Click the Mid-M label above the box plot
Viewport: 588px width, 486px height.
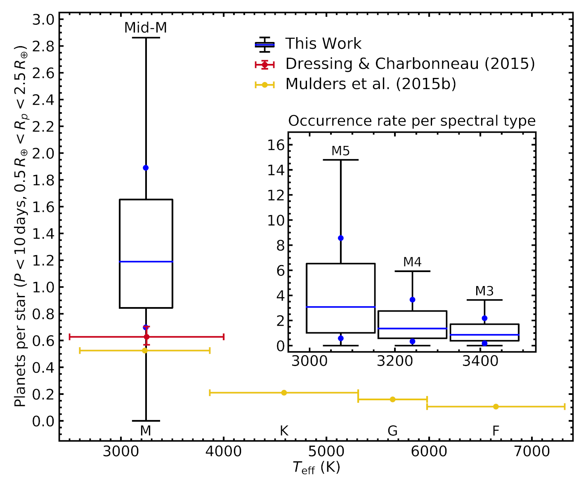pyautogui.click(x=146, y=28)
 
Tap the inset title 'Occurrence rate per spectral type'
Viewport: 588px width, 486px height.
pyautogui.click(x=411, y=121)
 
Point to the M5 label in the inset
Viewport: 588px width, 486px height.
pyautogui.click(x=340, y=151)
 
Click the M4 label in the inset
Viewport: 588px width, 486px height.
pyautogui.click(x=412, y=262)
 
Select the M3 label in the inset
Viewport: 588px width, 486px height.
pyautogui.click(x=484, y=291)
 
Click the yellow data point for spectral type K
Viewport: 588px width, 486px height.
pyautogui.click(x=284, y=393)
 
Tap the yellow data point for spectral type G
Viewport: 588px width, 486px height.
pyautogui.click(x=392, y=399)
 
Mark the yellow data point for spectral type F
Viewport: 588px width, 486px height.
pyautogui.click(x=496, y=407)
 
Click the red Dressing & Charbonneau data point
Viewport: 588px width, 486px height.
pyautogui.click(x=146, y=337)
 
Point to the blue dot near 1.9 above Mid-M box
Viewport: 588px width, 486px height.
pyautogui.click(x=146, y=168)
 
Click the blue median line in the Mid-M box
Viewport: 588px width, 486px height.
pyautogui.click(x=146, y=262)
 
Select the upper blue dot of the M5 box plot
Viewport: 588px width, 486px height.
pyautogui.click(x=341, y=238)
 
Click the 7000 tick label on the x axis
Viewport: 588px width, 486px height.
pyautogui.click(x=532, y=451)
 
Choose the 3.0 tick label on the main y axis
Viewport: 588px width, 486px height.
pyautogui.click(x=43, y=20)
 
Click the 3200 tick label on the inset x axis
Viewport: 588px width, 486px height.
pyautogui.click(x=395, y=361)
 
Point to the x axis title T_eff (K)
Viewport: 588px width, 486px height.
pyautogui.click(x=316, y=467)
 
